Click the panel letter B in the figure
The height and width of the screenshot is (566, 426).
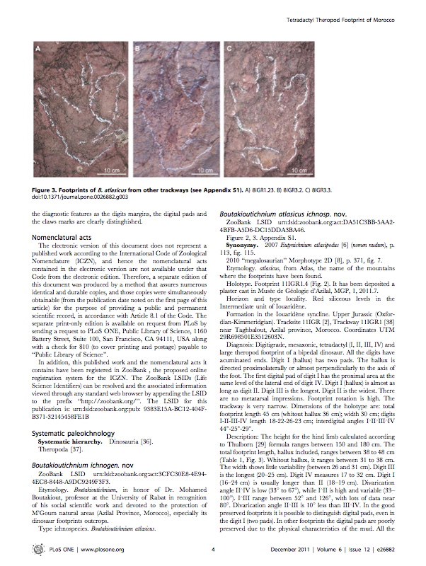(135, 50)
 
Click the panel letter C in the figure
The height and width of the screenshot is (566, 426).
(229, 50)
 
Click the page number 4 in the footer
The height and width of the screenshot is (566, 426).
(212, 548)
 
